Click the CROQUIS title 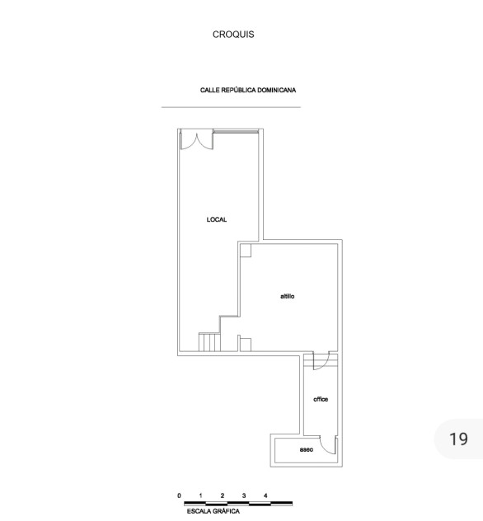(233, 35)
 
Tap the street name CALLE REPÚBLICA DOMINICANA (248, 90)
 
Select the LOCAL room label (217, 219)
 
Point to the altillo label (288, 297)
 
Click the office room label (321, 399)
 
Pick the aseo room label (307, 449)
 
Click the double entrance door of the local (197, 141)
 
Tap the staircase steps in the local (209, 342)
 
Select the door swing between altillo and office (321, 360)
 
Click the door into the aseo (328, 445)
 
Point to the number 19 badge (458, 439)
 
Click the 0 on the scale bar (179, 495)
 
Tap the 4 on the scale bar (265, 495)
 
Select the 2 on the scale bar (223, 495)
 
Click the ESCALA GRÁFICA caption (213, 511)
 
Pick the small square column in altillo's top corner (246, 251)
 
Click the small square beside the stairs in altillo (246, 345)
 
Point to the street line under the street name (232, 107)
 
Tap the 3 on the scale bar (244, 495)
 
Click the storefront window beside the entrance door (236, 132)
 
